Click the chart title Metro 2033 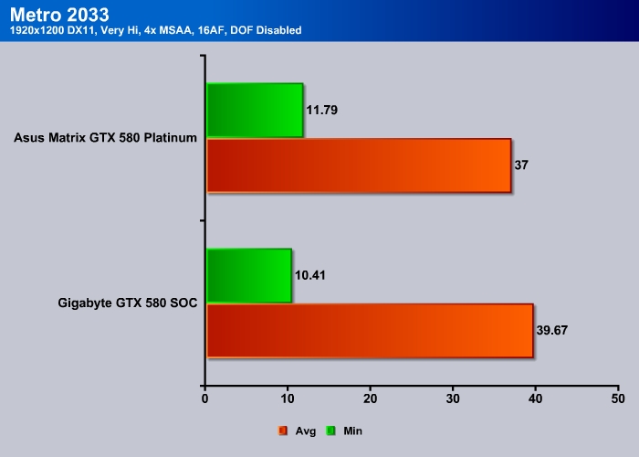[59, 15]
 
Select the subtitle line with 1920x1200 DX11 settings [156, 30]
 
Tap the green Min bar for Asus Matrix [255, 111]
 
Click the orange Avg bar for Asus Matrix [359, 165]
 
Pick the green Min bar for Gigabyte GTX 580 [249, 275]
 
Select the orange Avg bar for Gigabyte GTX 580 [370, 331]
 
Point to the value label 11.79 [322, 111]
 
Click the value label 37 [521, 165]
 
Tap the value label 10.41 [310, 275]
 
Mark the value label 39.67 [552, 331]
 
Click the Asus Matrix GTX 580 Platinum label [106, 137]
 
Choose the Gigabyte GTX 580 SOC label [128, 303]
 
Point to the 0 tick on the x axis [204, 399]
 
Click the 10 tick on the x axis [288, 399]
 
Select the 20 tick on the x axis [370, 399]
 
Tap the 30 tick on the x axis [453, 399]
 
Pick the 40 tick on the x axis [536, 399]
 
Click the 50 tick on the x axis [618, 399]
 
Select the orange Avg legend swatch [283, 430]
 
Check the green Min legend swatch [330, 430]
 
